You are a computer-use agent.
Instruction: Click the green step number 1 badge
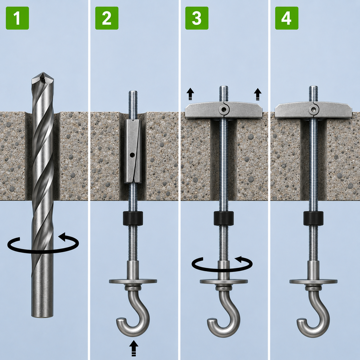pos(18,18)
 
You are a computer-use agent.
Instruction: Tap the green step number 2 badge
pos(107,18)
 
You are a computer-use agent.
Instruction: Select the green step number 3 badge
pos(197,18)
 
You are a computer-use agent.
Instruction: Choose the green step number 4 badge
pos(287,18)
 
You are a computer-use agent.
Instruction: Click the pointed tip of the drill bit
pos(43,72)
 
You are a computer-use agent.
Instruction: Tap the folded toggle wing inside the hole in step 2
pos(133,152)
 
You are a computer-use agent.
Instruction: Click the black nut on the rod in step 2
pos(133,218)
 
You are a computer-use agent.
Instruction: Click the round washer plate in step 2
pos(133,281)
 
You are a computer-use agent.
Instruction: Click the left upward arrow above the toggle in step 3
pos(190,94)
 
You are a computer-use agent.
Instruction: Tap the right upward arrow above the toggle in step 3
pos(258,94)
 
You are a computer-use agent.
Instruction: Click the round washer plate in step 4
pos(313,281)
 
